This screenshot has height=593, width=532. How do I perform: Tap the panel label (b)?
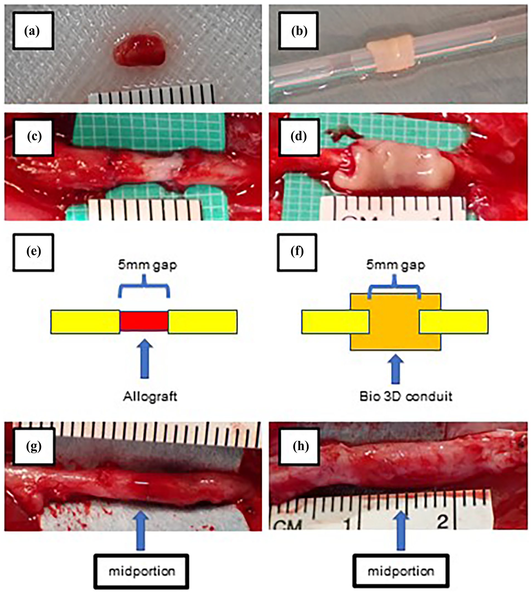tap(299, 31)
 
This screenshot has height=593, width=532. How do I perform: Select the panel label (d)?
tap(299, 137)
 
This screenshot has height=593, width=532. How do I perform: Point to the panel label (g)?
tap(34, 447)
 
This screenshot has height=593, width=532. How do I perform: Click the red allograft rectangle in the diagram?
tap(144, 321)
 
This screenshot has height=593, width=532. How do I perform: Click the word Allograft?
tap(150, 397)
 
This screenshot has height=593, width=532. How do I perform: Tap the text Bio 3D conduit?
tap(406, 396)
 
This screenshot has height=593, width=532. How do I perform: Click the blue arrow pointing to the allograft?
tap(144, 359)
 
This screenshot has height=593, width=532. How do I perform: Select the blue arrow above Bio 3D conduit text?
tap(395, 369)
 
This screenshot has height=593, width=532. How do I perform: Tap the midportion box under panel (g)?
tap(141, 571)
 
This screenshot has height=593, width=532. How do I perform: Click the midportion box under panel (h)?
tap(400, 571)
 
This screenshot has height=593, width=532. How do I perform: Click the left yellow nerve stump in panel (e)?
tap(85, 321)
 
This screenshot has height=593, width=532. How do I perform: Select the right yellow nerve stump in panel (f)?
tap(454, 321)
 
